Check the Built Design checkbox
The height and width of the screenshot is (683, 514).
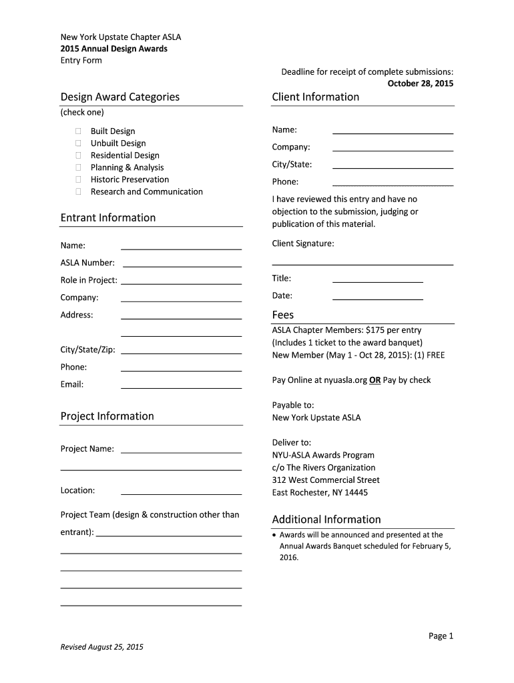(78, 131)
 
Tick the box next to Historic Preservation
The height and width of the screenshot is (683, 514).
(78, 179)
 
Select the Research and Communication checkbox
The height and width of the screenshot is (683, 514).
(78, 191)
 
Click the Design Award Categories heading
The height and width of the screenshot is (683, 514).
(120, 97)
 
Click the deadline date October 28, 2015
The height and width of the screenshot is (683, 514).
(421, 83)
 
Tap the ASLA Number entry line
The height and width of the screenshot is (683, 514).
(182, 265)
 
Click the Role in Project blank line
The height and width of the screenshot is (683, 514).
(181, 283)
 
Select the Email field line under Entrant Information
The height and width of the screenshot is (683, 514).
(181, 387)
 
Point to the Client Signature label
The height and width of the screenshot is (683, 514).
(303, 243)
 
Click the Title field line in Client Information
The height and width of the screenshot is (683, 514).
(377, 281)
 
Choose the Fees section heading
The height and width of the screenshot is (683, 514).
(283, 315)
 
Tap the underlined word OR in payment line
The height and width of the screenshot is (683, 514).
(375, 380)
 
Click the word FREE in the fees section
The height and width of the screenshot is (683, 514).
(436, 355)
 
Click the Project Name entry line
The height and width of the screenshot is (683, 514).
(181, 452)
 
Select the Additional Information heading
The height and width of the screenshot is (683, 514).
(326, 520)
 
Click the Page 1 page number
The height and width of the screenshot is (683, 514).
(441, 636)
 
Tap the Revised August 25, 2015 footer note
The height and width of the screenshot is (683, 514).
(102, 647)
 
